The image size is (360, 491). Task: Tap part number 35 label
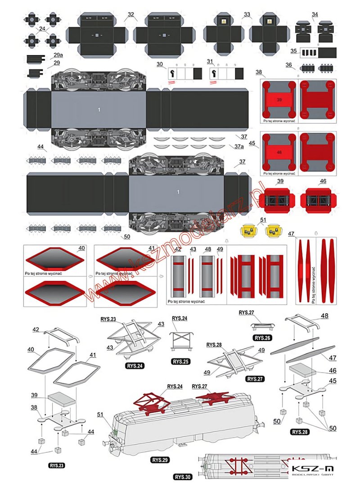point(293,50)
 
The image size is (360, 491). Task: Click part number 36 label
point(289,64)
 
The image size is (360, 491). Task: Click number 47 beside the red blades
point(291,234)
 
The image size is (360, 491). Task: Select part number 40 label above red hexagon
point(81,248)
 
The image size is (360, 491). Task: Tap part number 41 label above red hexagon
point(152,248)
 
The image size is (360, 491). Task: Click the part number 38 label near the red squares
point(258,72)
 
